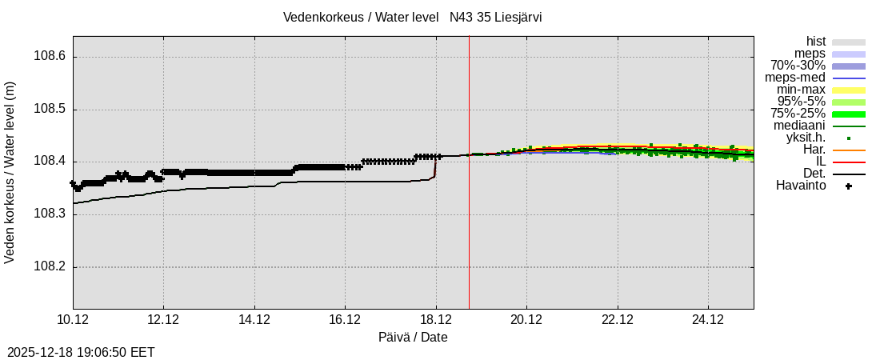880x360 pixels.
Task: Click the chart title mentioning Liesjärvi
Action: pos(412,18)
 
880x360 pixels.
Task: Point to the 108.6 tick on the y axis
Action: pos(50,57)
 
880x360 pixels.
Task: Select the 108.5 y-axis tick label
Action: pos(50,110)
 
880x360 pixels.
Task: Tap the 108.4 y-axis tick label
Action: pos(50,162)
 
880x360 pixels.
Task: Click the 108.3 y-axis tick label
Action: pos(50,214)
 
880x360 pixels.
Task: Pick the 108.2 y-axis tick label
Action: pos(50,267)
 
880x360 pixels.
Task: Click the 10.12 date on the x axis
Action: pos(73,319)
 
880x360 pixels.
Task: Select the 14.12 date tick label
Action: pos(254,319)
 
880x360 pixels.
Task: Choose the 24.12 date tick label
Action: pos(708,319)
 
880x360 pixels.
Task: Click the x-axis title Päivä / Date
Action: pos(413,338)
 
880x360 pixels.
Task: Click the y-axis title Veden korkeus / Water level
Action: pos(10,172)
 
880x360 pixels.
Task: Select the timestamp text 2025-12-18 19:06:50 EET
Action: pos(81,352)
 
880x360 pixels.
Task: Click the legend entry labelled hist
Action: pos(815,42)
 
